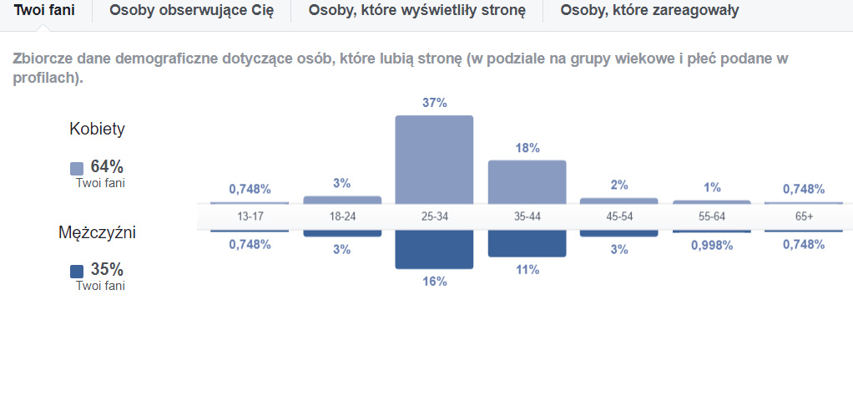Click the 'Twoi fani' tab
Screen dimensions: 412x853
click(x=44, y=11)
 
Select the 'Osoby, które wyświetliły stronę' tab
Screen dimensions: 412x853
click(x=416, y=11)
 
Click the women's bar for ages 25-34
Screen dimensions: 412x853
click(x=434, y=159)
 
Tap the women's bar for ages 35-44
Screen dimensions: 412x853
click(x=527, y=181)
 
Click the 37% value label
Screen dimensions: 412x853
click(x=435, y=103)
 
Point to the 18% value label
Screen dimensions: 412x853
click(x=527, y=148)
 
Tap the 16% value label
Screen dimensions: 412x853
click(x=435, y=282)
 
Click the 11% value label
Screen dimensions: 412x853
click(x=527, y=270)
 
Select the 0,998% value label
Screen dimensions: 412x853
click(x=712, y=245)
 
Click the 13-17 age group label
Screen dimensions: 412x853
click(x=250, y=216)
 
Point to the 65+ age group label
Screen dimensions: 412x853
click(x=805, y=216)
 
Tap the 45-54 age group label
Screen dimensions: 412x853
click(x=619, y=216)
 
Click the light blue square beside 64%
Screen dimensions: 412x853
click(x=77, y=168)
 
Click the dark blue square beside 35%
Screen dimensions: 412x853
click(x=77, y=271)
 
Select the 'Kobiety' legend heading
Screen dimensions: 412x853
click(x=98, y=130)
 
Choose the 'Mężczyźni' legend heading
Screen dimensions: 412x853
click(x=97, y=232)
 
